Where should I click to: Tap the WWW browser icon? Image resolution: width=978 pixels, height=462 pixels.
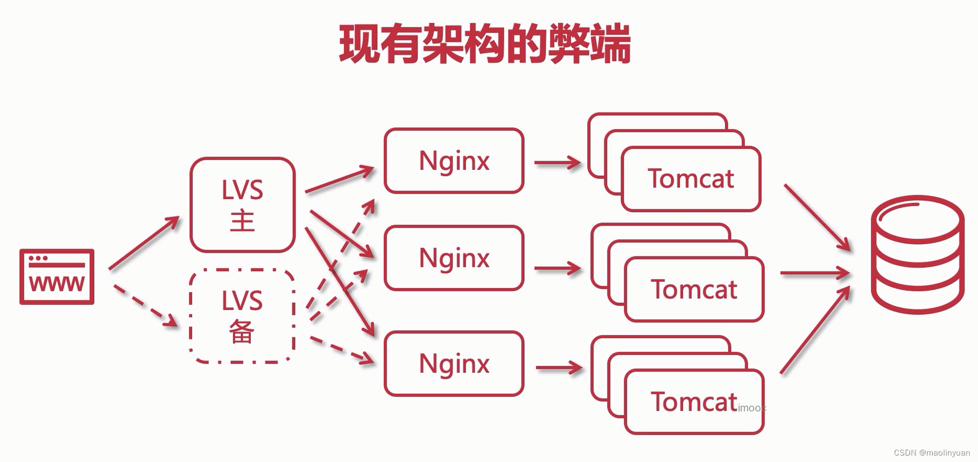[x=57, y=276]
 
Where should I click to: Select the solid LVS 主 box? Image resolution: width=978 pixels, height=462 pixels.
[x=242, y=205]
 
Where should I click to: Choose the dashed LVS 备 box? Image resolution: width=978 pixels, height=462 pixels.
[x=242, y=316]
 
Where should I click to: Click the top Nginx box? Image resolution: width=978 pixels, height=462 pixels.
[x=454, y=161]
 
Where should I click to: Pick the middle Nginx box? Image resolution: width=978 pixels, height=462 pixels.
[x=454, y=258]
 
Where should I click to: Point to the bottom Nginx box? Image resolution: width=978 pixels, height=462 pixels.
[x=454, y=364]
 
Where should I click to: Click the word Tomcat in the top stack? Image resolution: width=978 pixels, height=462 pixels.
[x=691, y=179]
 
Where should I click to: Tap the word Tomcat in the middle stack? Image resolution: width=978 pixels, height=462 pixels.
[x=694, y=289]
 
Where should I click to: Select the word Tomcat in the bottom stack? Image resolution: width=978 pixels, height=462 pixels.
[x=694, y=402]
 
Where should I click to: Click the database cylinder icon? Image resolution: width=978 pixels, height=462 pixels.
[x=917, y=254]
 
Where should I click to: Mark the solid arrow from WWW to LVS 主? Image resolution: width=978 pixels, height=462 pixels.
[x=144, y=243]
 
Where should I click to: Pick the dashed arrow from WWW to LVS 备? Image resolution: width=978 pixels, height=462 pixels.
[x=145, y=307]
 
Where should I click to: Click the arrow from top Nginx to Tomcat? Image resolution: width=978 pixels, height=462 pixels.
[x=557, y=162]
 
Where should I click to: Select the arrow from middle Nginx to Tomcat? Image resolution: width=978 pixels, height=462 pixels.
[x=557, y=268]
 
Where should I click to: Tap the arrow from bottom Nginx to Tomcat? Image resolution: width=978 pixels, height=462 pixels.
[x=559, y=368]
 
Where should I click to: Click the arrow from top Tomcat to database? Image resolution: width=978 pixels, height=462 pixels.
[x=817, y=217]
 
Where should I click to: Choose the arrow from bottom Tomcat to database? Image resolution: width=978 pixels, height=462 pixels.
[x=815, y=330]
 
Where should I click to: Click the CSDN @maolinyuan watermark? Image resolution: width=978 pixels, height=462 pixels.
[x=932, y=453]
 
